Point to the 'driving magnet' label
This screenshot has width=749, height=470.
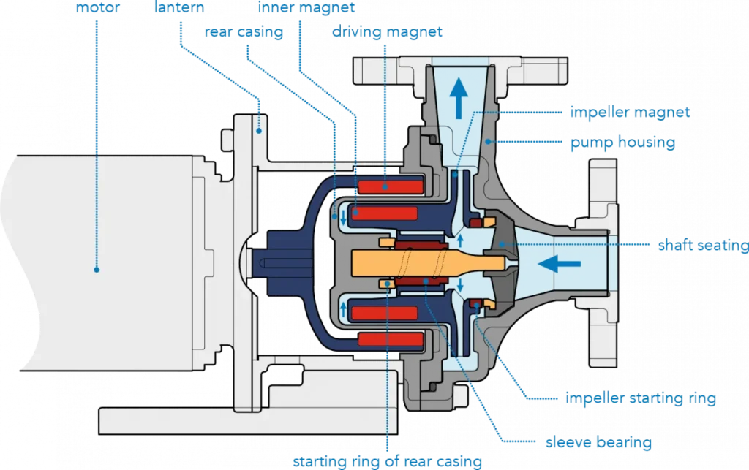(387, 32)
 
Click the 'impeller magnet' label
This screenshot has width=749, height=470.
(630, 113)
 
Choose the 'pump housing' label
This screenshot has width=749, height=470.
(622, 142)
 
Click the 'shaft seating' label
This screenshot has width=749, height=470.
(701, 246)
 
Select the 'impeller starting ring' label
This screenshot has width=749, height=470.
(640, 399)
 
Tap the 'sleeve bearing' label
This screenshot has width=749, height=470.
(598, 442)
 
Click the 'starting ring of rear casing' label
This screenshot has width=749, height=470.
(388, 461)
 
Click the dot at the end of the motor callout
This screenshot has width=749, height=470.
(96, 269)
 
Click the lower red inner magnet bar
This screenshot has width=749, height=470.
(384, 313)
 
